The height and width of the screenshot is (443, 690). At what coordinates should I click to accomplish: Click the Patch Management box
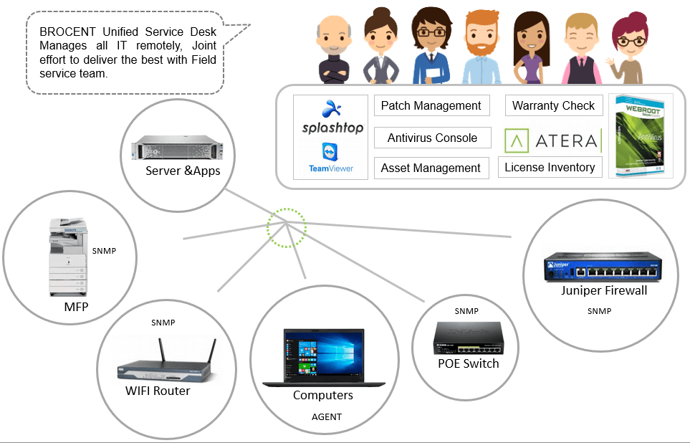pos(431,105)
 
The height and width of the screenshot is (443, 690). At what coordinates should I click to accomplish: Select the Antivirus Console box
pos(432,138)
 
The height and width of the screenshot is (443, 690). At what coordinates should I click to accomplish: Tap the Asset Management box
pos(431,168)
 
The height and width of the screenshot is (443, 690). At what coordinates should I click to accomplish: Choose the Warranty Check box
pos(553,105)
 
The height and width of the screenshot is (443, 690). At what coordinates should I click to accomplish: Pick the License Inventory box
pos(550,167)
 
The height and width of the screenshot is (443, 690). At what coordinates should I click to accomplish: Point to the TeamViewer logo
pos(330,158)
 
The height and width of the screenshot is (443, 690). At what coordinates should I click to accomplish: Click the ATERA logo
pos(551,140)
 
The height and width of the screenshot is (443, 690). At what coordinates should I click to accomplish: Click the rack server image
pos(175,148)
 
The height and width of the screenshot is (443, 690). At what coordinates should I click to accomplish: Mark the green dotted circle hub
pos(287,228)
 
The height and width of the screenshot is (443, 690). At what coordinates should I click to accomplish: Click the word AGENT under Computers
pos(327,416)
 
